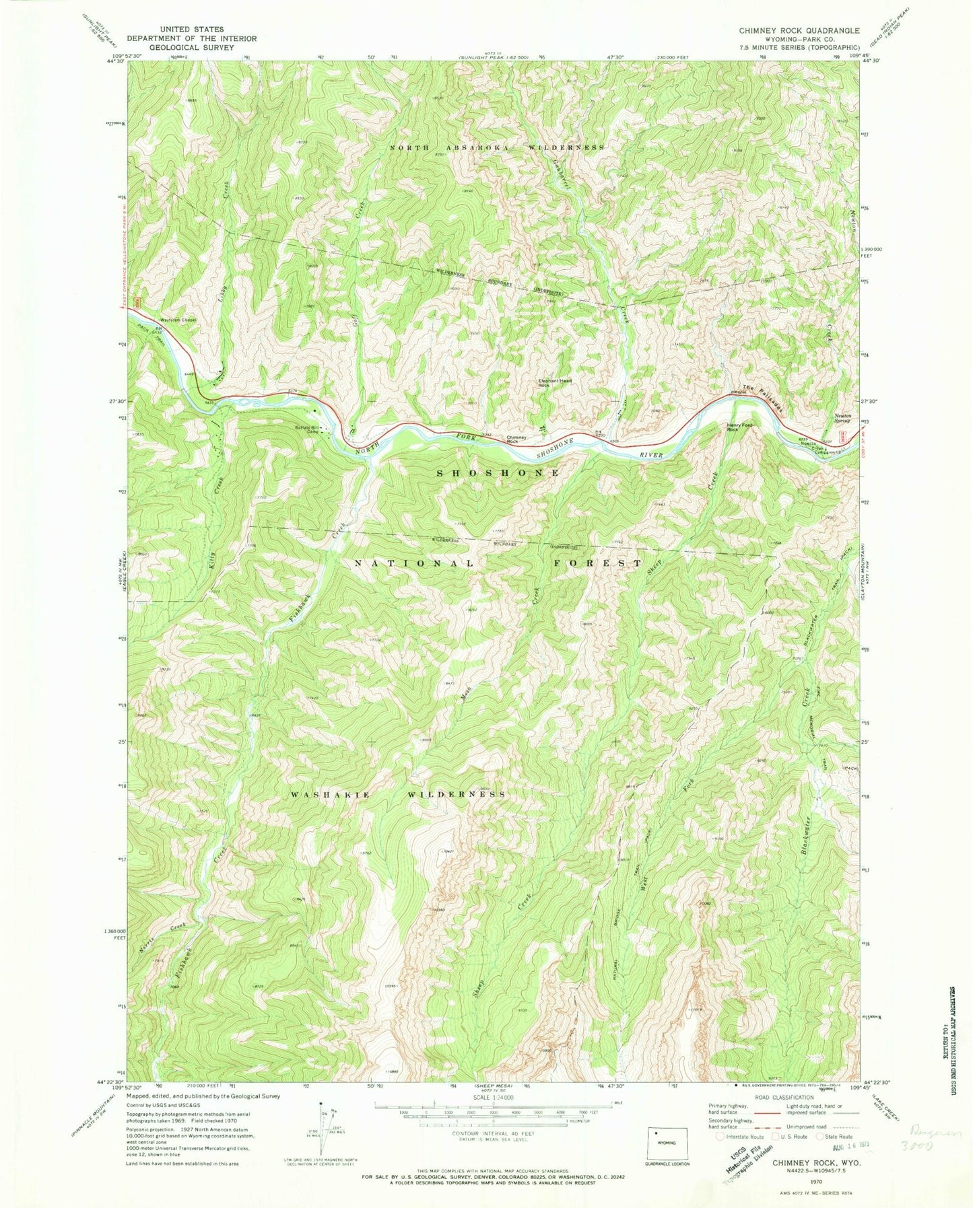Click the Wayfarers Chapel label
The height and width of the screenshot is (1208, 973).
click(x=178, y=320)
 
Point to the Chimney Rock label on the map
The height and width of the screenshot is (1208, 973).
click(x=516, y=438)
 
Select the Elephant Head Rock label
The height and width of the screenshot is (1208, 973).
click(x=555, y=383)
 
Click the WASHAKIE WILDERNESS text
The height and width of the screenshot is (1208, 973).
click(x=398, y=795)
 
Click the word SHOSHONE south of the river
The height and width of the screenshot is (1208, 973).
click(x=498, y=473)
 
